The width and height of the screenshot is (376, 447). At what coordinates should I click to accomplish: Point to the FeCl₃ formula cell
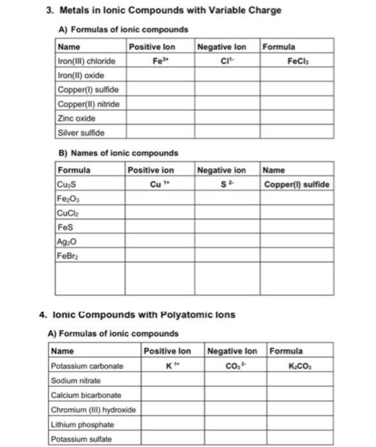point(296,61)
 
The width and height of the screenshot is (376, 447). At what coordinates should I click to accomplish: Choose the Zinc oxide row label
point(75,118)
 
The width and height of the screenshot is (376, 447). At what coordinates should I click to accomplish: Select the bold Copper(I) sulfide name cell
point(297,185)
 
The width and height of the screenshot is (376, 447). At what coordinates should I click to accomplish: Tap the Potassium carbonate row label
point(87,366)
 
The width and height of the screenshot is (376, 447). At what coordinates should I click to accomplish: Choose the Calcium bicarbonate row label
point(86,395)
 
